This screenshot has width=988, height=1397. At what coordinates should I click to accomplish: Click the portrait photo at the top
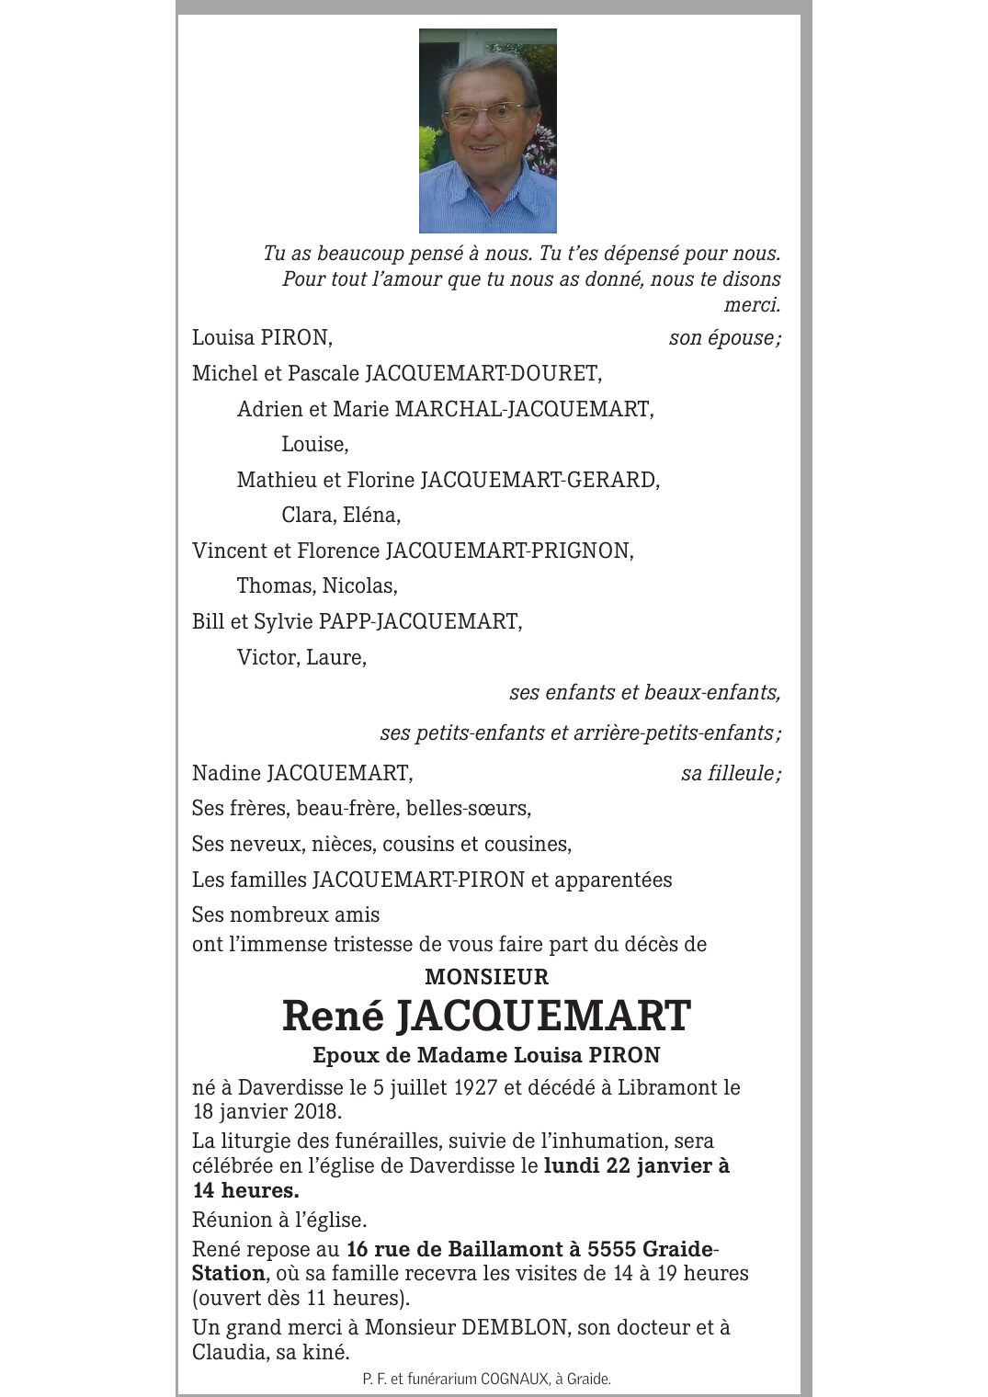487,131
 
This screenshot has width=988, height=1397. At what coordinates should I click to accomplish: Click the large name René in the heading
332,1016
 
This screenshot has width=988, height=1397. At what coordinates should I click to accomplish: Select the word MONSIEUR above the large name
486,976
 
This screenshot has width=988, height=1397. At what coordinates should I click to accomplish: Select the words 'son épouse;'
724,338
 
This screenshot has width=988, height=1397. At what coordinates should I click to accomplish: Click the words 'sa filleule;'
731,774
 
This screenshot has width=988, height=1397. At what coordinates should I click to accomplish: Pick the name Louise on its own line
314,445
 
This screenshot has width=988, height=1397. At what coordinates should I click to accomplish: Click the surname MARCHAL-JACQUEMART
524,409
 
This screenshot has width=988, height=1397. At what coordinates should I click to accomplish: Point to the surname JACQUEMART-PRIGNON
509,551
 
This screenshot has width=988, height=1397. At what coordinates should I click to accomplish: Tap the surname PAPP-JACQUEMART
420,621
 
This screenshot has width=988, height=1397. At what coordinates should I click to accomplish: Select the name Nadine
226,774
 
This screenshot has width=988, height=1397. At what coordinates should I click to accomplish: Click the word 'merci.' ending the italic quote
752,305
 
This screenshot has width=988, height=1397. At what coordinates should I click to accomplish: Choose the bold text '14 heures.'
245,1190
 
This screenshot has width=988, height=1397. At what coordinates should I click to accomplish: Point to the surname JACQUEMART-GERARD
539,480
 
